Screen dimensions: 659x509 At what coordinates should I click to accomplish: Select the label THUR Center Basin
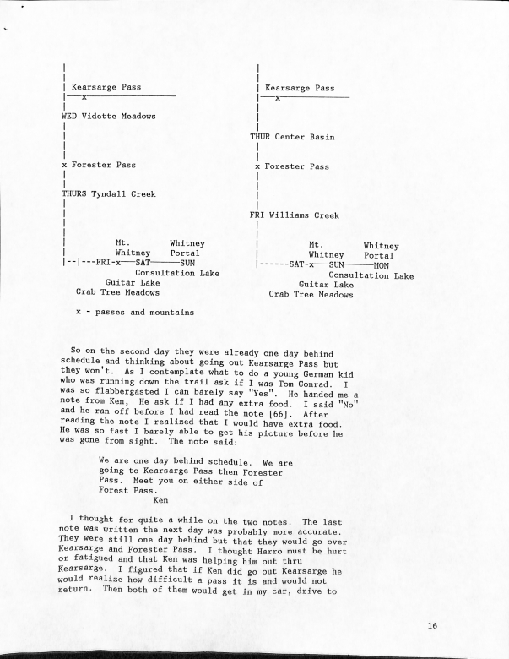[x=291, y=137]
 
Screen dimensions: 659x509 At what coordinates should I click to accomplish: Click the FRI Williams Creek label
[x=294, y=215]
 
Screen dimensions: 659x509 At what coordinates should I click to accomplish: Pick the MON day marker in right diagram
[x=381, y=264]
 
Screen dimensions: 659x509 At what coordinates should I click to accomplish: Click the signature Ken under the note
[x=160, y=498]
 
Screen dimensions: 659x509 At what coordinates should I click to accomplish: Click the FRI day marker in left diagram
[x=103, y=262]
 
